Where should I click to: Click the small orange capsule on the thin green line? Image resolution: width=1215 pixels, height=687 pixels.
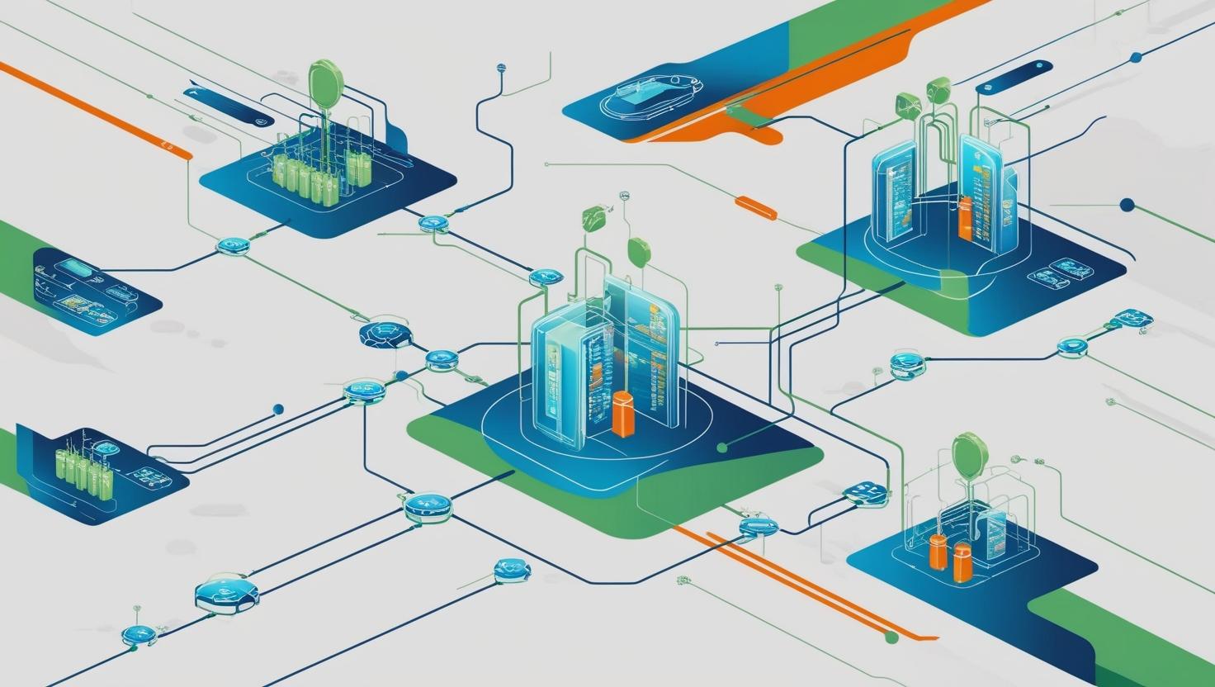click(755, 208)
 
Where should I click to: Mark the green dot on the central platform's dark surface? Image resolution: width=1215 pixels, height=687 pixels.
click(722, 448)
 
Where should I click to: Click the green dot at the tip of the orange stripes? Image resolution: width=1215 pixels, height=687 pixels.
click(891, 637)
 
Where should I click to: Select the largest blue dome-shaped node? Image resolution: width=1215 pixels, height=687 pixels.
click(227, 593)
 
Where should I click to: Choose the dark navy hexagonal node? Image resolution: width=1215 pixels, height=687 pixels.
click(385, 334)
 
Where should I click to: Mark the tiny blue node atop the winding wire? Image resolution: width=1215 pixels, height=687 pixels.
click(500, 69)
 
